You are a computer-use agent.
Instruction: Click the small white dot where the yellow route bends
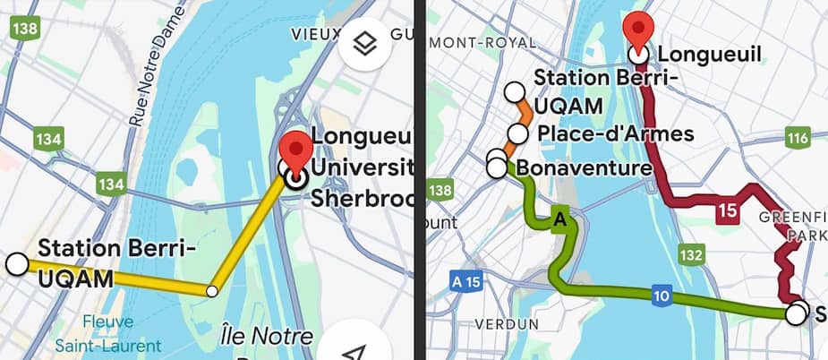click(x=211, y=290)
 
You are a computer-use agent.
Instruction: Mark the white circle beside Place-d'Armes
click(x=517, y=134)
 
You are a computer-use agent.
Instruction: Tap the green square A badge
click(x=561, y=218)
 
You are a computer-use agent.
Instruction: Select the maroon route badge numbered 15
click(x=726, y=211)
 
